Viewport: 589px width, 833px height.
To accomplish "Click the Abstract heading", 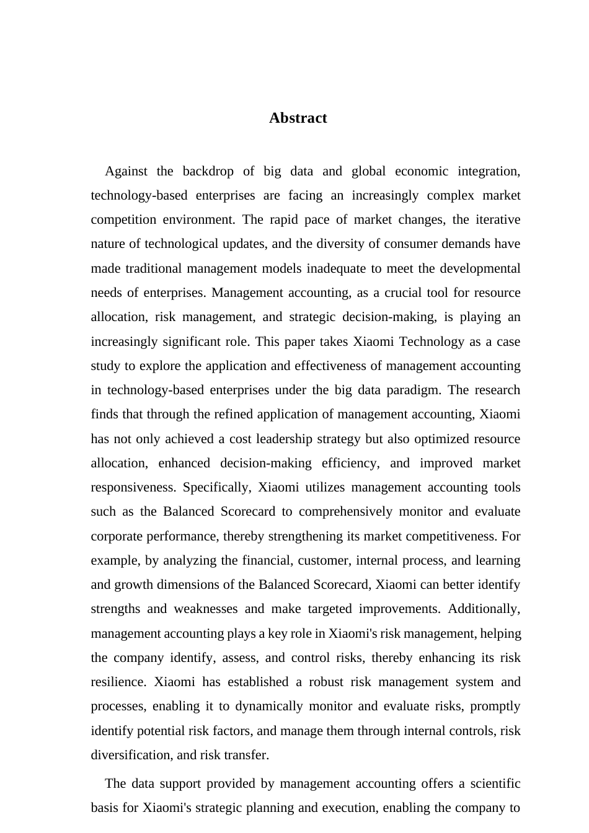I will pos(298,118).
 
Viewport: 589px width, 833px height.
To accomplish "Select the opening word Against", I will pos(126,171).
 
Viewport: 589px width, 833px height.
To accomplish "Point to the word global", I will pos(368,171).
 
